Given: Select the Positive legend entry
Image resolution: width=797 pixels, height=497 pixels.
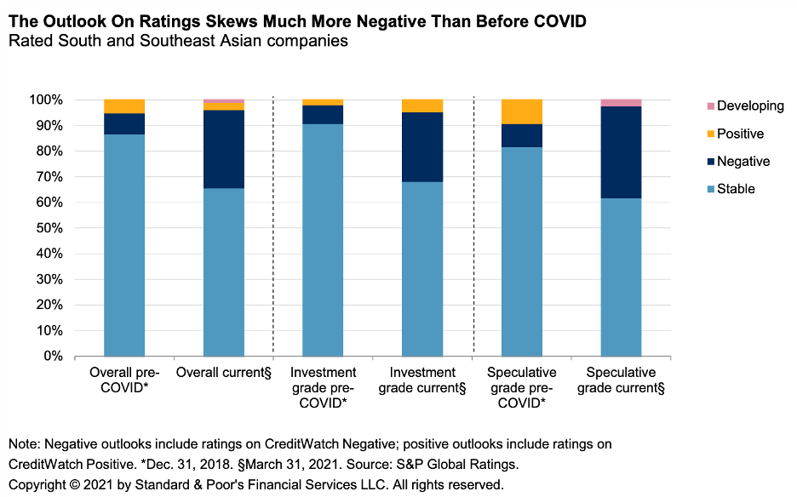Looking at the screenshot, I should click(740, 134).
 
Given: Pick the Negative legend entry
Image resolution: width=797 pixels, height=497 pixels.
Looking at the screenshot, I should click(743, 162).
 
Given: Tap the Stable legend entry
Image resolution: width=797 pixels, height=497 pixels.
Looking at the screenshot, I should click(736, 189).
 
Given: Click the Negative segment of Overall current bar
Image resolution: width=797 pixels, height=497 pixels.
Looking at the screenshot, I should click(224, 149).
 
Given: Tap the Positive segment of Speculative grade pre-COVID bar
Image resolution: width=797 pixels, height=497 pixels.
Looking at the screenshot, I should click(522, 111).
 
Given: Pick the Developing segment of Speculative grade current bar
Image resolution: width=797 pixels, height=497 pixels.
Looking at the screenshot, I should click(621, 103).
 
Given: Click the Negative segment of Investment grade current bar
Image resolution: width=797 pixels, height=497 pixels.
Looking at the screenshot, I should click(422, 147).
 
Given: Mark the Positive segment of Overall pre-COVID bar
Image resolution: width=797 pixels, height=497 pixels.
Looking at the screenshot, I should click(124, 106).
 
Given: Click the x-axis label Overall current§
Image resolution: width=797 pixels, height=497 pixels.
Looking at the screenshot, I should click(224, 373).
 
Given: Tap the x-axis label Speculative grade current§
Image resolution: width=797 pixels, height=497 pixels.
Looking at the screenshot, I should click(621, 380).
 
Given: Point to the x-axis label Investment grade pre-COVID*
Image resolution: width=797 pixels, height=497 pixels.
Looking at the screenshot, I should click(323, 387).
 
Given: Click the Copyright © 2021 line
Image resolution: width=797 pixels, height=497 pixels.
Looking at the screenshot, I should click(255, 484).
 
